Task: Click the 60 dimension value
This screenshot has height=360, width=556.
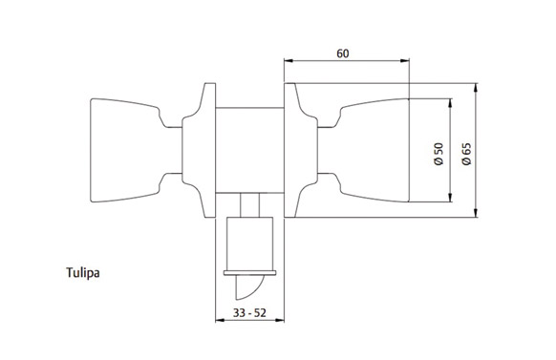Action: coord(343,53)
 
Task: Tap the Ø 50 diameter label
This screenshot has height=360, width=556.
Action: coord(439,154)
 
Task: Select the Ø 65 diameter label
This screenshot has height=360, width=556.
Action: coord(467,154)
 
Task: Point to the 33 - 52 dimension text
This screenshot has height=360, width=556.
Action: coord(249,313)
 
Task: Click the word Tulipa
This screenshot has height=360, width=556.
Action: coord(82,273)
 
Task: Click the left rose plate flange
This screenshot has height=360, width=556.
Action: coord(200,150)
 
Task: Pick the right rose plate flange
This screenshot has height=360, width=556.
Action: coord(301,150)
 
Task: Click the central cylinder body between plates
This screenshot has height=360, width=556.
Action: coord(250,150)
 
